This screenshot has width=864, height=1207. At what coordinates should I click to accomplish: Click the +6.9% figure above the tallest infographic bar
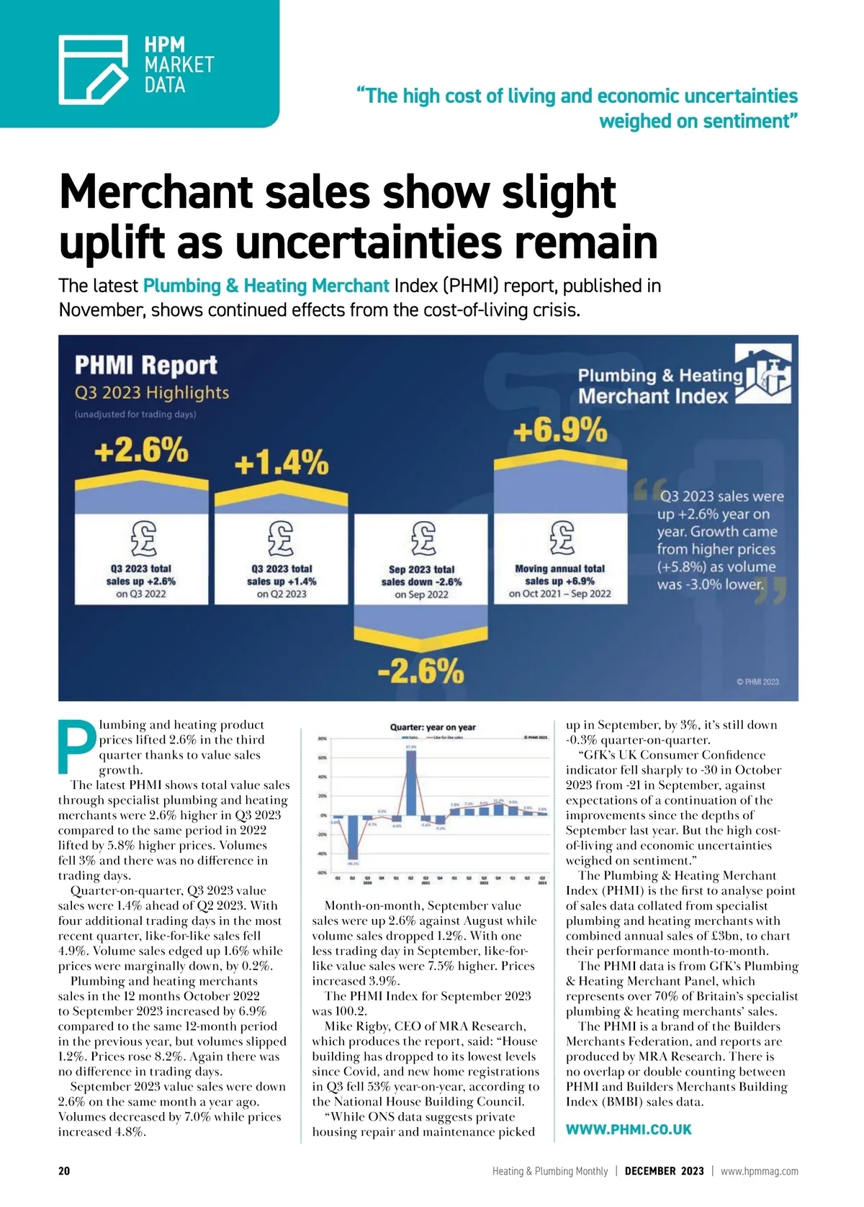(x=559, y=432)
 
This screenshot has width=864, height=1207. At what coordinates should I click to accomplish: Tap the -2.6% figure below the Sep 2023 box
(x=421, y=672)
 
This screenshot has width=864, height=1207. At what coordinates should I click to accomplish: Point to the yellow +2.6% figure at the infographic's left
(x=141, y=451)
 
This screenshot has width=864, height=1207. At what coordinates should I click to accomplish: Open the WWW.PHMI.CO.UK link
(x=628, y=1129)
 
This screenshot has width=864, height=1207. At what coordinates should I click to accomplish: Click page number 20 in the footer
(x=64, y=1171)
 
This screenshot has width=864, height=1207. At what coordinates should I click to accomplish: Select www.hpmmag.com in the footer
(x=759, y=1171)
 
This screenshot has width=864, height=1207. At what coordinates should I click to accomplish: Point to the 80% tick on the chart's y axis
(x=323, y=739)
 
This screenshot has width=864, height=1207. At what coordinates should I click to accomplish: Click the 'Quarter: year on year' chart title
(x=432, y=727)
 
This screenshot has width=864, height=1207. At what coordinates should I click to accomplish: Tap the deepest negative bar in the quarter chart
(x=353, y=840)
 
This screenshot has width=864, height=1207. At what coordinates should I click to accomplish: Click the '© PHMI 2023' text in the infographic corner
(x=757, y=682)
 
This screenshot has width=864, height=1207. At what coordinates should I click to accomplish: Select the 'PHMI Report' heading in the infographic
(x=146, y=365)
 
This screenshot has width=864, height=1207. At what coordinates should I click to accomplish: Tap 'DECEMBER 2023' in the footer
(x=664, y=1171)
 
